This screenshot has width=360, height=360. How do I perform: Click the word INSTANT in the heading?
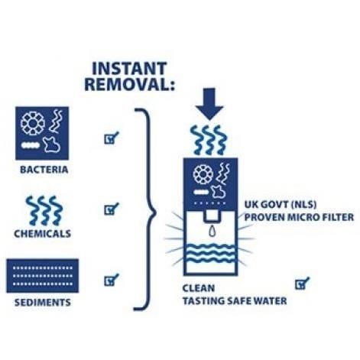129,68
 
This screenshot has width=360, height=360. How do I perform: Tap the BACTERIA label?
44,170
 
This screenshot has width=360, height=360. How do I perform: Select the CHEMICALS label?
43,234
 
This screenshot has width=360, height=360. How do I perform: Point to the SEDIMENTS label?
43,303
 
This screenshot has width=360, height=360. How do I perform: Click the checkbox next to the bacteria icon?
112,138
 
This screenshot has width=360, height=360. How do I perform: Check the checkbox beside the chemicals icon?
112,209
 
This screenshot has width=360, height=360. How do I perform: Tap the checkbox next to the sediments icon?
112,280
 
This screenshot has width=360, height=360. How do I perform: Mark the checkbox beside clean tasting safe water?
302,283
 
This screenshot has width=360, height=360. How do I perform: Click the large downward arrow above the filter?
209,104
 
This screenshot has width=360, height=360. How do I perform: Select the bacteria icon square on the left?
42,133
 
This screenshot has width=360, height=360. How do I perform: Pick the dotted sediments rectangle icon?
43,276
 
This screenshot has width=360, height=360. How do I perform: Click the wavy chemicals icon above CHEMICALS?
44,210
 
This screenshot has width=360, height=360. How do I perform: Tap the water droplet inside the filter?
212,231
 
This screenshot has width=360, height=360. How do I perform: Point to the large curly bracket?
145,209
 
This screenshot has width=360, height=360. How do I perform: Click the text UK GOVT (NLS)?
281,204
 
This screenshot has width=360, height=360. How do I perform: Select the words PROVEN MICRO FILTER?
299,217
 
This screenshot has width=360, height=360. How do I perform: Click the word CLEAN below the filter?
199,288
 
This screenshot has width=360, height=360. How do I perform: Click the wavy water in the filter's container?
211,253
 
